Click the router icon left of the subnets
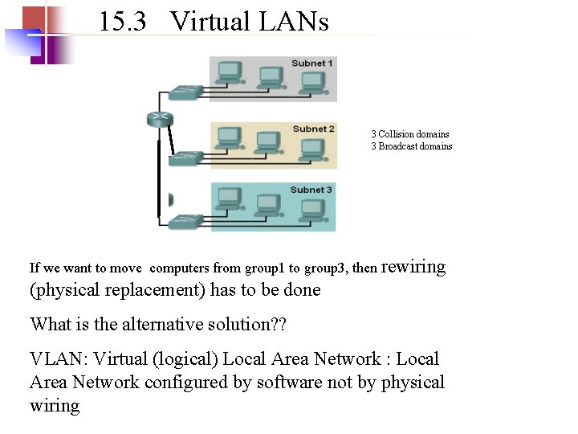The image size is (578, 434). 160,119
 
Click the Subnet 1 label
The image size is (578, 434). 312,63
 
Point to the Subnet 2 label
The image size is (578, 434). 313,129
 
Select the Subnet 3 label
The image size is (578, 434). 311,190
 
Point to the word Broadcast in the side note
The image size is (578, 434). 400,146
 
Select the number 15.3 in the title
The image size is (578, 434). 123,22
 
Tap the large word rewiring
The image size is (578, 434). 413,266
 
